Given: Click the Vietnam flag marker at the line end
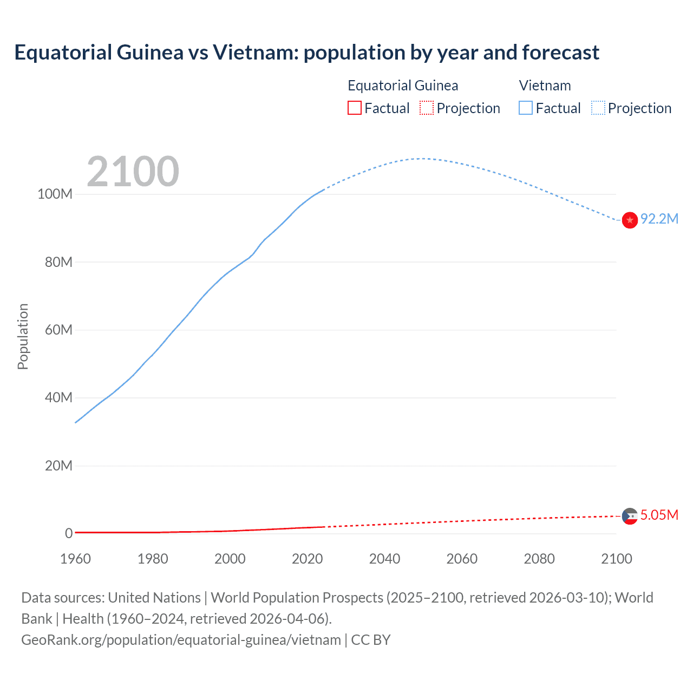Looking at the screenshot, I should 630,220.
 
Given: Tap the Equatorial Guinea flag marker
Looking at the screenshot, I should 630,516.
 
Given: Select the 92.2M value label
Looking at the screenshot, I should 659,219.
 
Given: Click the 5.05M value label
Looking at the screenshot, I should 659,515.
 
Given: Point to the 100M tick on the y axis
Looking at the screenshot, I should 55,194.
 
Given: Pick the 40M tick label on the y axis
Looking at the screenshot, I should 58,397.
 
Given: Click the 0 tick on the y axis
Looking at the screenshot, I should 69,533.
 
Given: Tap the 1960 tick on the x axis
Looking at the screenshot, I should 75,559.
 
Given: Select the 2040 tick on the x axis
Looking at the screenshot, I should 384,559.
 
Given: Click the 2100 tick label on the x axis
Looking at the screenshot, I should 616,559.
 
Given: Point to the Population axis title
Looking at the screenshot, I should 23,336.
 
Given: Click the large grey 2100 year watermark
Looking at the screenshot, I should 133,172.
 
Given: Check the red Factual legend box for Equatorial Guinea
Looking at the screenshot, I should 354,108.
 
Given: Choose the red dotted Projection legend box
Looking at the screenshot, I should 427,108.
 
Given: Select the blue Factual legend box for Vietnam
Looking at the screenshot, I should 526,108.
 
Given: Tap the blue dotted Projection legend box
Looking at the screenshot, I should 598,108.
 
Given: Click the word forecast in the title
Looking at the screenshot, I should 560,53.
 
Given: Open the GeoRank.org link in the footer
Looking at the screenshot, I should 181,640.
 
